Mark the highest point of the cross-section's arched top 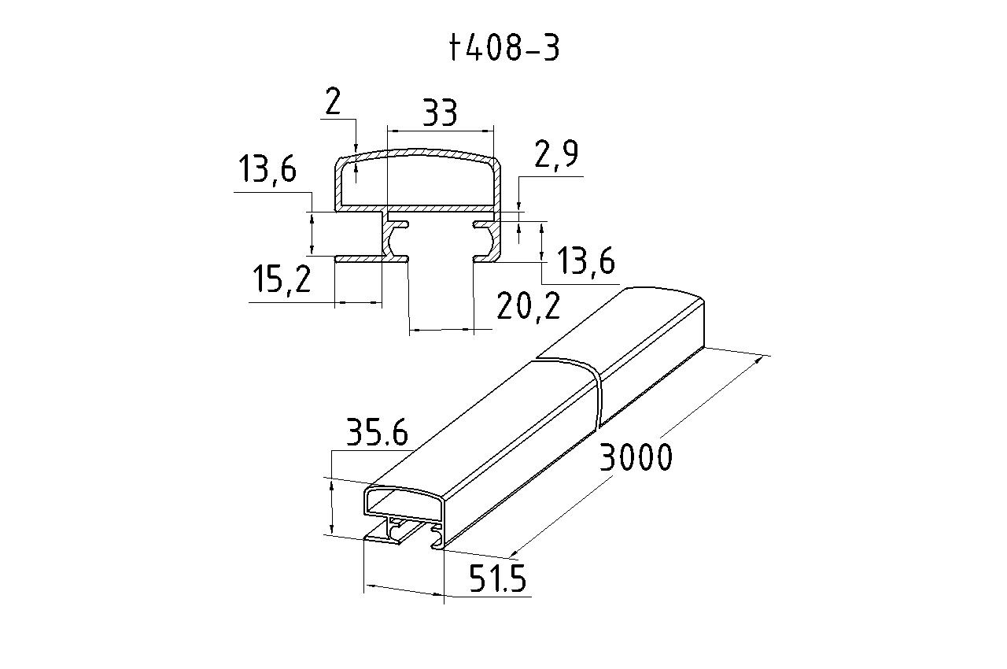[416, 149]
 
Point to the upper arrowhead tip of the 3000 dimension [763, 356]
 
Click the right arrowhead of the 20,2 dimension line [474, 330]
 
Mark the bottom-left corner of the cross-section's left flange [335, 261]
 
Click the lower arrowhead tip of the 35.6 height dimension [332, 533]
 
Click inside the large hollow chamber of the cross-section [418, 181]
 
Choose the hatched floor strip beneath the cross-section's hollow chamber [417, 209]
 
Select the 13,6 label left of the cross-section [267, 168]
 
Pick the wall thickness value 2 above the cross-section [333, 102]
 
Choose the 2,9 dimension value [555, 155]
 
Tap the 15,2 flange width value [282, 279]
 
